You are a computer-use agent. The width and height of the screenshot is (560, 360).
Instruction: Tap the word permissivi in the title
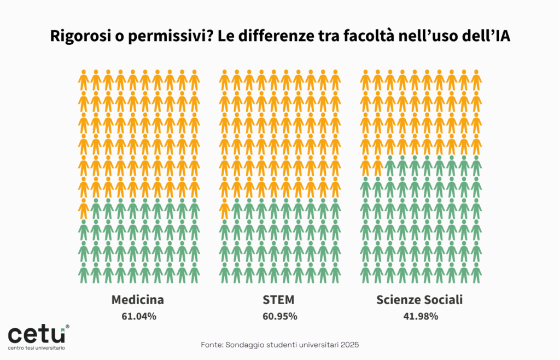coord(152,37)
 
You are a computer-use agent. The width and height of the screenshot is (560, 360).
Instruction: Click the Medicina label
coord(138,300)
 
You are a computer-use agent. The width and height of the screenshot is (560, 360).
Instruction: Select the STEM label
coord(279,300)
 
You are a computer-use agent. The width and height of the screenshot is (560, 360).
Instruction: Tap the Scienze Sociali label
coord(419,300)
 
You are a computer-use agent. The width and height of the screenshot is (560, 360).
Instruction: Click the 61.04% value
coord(138,316)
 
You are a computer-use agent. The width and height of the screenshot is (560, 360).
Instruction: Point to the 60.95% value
coord(279,316)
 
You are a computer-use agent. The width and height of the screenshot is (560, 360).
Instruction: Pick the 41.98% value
coord(419,316)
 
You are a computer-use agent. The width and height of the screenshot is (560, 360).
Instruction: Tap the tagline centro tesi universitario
coord(36,348)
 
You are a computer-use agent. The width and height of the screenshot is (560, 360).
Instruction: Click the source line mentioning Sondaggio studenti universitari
coord(279,345)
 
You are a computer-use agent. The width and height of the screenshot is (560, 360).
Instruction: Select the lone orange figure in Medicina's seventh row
coord(84,208)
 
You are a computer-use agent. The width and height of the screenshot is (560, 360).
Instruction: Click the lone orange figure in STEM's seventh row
coord(224,208)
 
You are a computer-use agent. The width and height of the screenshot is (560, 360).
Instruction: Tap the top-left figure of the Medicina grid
coord(84,80)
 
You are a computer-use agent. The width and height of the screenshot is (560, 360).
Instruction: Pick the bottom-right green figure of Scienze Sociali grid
coord(476,272)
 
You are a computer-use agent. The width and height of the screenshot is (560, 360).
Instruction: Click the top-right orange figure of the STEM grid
coord(335,80)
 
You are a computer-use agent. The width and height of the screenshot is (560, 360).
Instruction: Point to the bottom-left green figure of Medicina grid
coord(84,272)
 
